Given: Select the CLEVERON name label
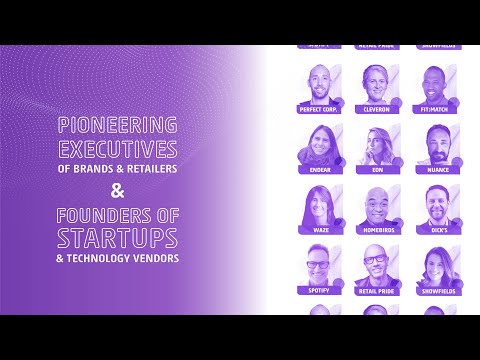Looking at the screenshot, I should click(376, 109).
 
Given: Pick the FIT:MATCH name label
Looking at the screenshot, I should click(437, 109).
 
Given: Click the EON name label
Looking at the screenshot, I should click(376, 170).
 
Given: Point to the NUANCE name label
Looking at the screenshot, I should click(437, 170).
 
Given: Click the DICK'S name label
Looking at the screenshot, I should click(437, 230).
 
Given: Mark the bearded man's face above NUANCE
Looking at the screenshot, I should click(437, 143).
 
